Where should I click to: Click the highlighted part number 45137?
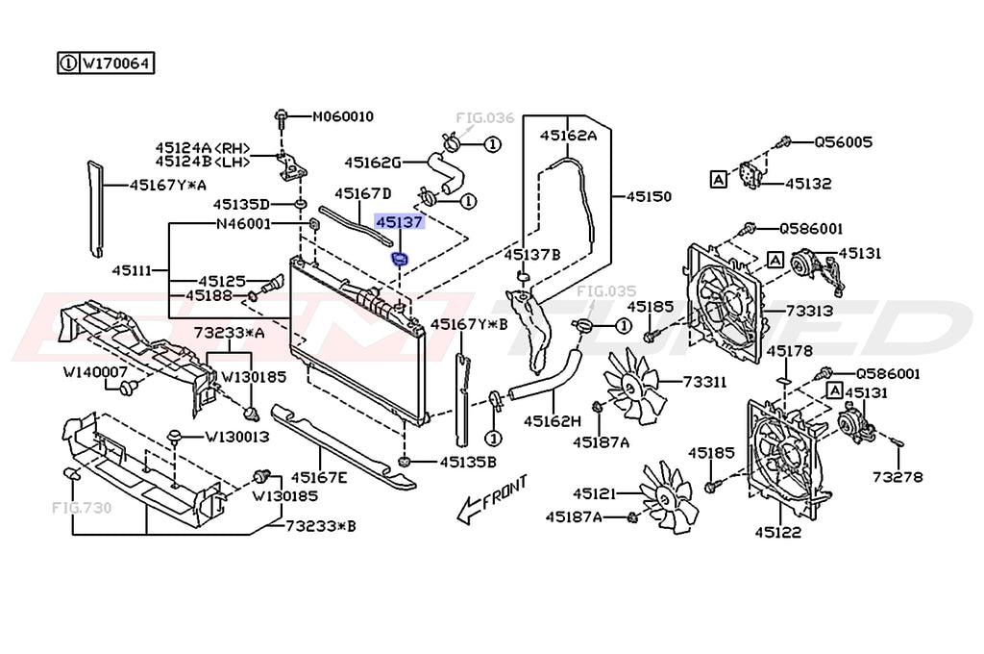coord(399,222)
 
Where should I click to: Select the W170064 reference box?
coord(106,63)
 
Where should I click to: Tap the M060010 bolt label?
coord(343,116)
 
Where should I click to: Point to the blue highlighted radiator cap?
coord(400,259)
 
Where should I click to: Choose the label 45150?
coord(649,196)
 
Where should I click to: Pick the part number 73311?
coord(704,382)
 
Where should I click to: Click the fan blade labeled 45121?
coord(666,497)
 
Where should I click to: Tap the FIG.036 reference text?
coord(484,117)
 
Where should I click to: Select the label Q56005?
coord(843,142)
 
